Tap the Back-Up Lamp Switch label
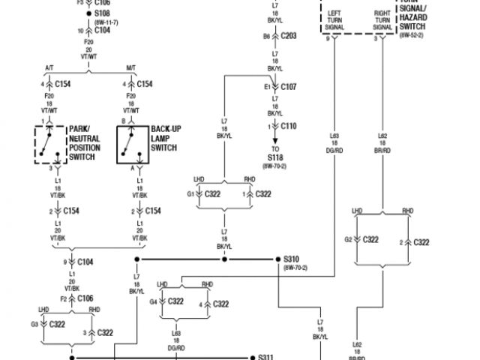click(x=166, y=138)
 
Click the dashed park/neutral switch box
click(x=50, y=144)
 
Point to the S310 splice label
click(x=291, y=259)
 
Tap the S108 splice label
click(x=102, y=14)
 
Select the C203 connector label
click(x=289, y=35)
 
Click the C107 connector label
click(x=289, y=87)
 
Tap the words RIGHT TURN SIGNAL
click(x=382, y=20)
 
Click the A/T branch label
click(x=49, y=68)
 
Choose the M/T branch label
click(x=132, y=68)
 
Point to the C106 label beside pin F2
click(x=86, y=298)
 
